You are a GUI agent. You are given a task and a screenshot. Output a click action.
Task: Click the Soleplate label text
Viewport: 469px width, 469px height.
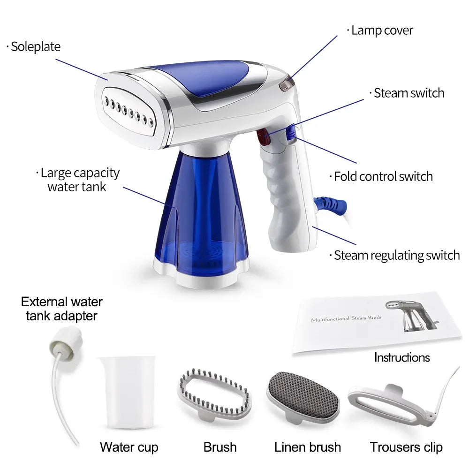pos(36,46)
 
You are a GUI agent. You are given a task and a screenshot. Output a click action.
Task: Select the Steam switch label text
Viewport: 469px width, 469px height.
pos(408,93)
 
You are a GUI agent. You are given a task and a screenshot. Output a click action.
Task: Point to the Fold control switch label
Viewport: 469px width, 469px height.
pos(383,176)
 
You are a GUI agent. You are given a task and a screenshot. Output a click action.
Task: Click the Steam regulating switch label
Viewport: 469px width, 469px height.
pos(396,255)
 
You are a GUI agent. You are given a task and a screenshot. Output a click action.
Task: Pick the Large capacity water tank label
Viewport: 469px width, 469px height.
pos(80,180)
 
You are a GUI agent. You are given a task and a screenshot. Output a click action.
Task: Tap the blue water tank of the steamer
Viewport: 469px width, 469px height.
pos(201,216)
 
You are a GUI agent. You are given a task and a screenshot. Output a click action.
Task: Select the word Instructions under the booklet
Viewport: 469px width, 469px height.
pos(402,357)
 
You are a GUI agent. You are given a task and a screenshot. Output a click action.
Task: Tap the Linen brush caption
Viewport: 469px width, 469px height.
pos(308,447)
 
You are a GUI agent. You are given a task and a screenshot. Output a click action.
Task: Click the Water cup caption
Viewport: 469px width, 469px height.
pos(129,447)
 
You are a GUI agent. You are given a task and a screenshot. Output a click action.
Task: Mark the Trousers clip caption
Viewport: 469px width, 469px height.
pos(406,447)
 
